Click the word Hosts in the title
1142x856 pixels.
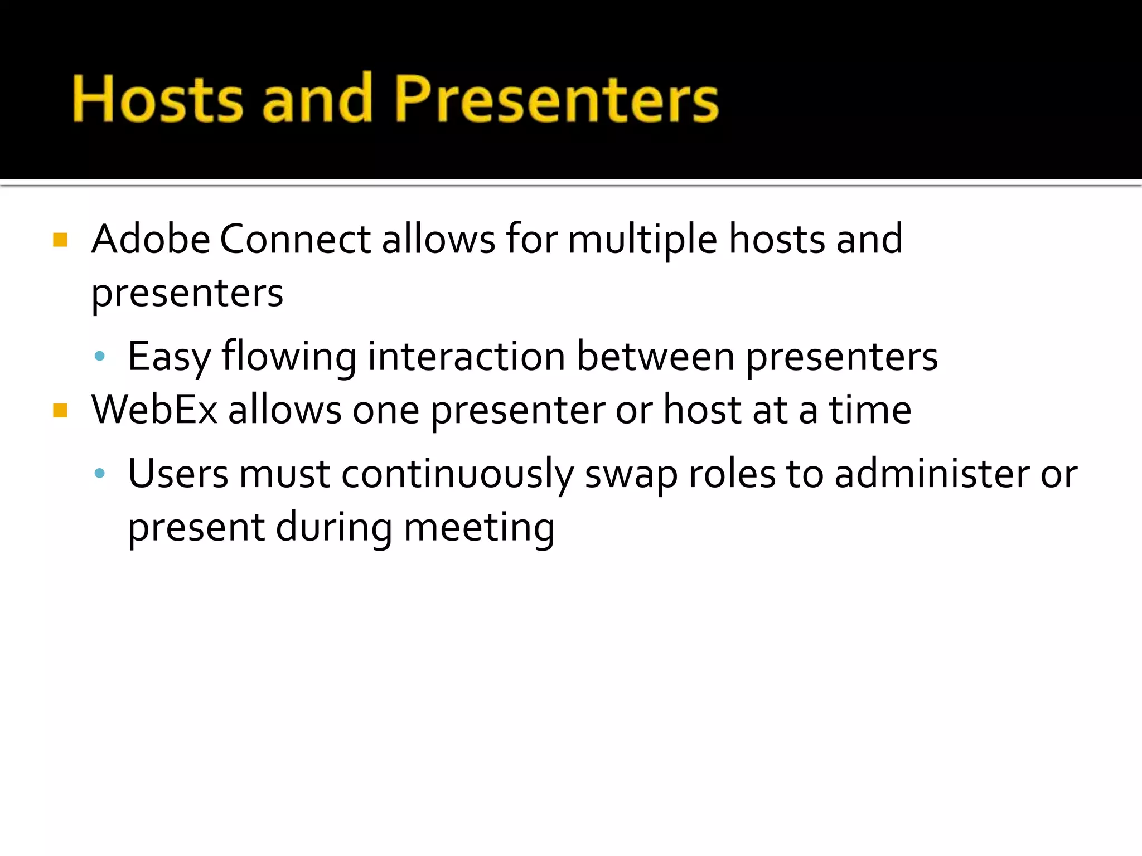coord(157,99)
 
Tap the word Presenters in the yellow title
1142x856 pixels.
coord(557,99)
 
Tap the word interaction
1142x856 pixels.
coord(466,357)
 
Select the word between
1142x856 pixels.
coord(655,357)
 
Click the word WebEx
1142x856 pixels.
coord(154,410)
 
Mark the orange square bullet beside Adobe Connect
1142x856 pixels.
coord(60,240)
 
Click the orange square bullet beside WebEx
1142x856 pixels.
coord(60,411)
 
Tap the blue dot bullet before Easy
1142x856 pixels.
coord(100,357)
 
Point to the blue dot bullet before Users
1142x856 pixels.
coord(100,474)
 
